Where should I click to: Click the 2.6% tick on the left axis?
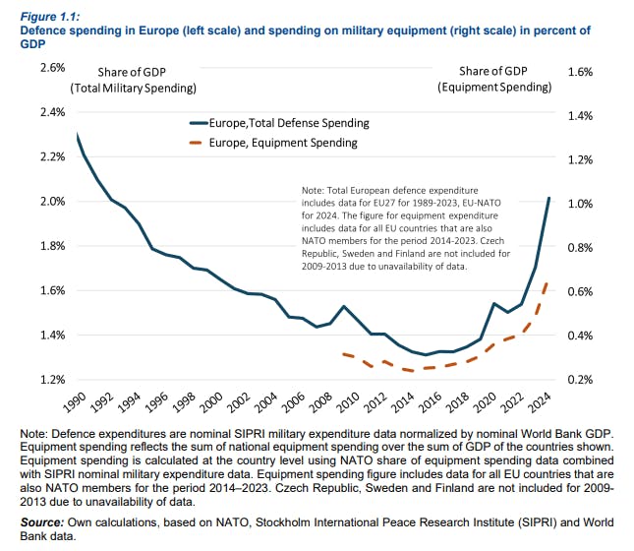[51, 68]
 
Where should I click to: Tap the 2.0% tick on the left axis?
[51, 202]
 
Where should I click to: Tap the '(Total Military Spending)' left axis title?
[134, 88]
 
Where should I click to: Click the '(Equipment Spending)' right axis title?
[494, 88]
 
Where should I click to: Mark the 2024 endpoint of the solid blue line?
[548, 199]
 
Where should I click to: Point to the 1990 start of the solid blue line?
[77, 135]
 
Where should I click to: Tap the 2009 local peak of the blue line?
[341, 306]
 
